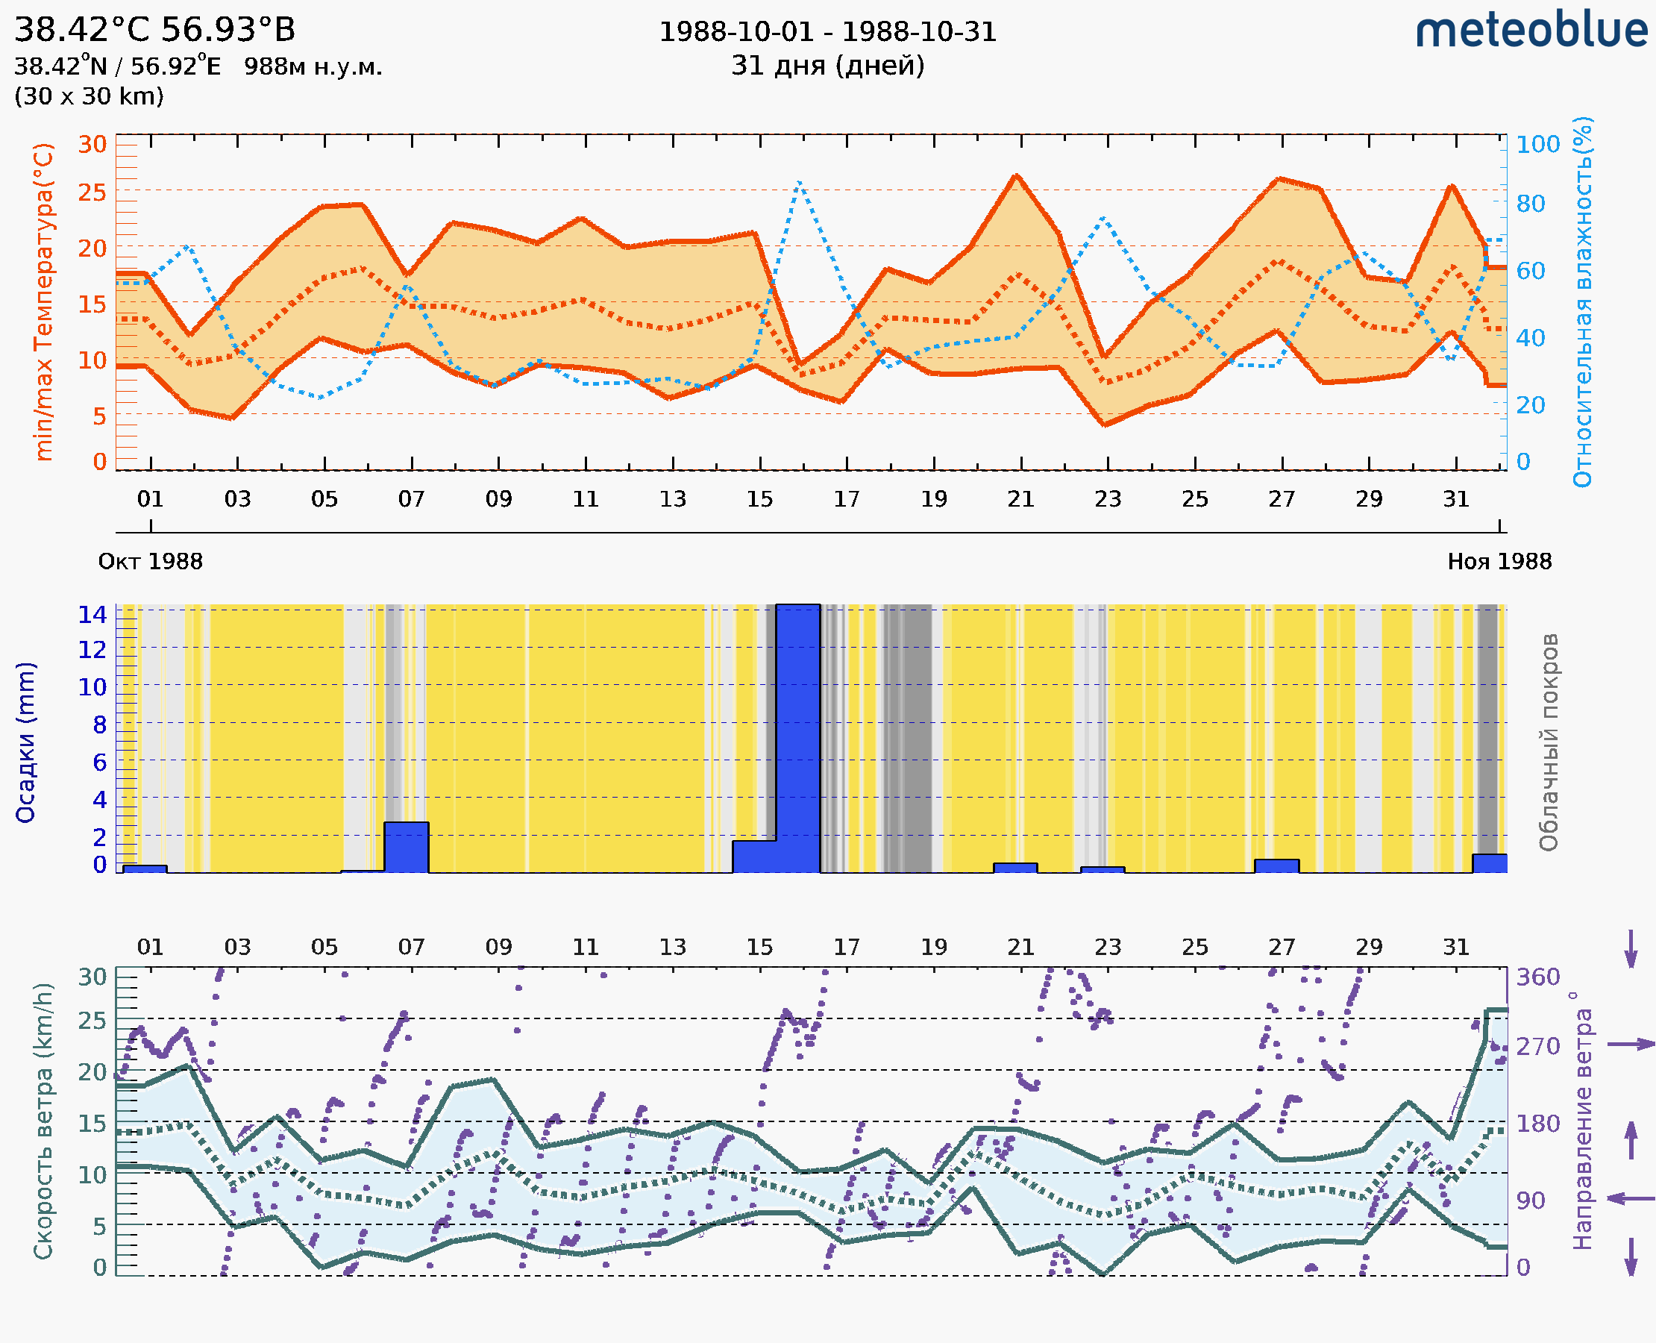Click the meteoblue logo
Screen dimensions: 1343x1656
1531,31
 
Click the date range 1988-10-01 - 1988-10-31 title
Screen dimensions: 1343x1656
827,33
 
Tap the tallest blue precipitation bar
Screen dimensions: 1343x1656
797,738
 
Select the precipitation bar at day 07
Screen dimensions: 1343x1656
406,847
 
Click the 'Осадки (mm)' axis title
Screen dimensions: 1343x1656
25,742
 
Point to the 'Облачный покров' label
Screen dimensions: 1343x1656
1548,742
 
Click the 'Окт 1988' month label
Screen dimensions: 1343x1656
150,562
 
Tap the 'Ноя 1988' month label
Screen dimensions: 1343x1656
1499,562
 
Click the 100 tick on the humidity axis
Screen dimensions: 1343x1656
1537,145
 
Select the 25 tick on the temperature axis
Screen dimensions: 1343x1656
92,192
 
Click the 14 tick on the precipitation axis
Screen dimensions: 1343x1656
92,615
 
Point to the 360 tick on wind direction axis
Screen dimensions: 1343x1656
1537,977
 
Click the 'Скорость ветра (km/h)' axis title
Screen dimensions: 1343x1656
43,1121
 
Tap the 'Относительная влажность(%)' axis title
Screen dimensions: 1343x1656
1582,301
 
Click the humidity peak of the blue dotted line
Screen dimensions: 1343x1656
799,183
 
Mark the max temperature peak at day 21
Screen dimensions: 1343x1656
1016,175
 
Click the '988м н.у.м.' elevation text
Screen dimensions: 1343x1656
313,67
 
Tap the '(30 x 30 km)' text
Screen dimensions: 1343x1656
89,97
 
